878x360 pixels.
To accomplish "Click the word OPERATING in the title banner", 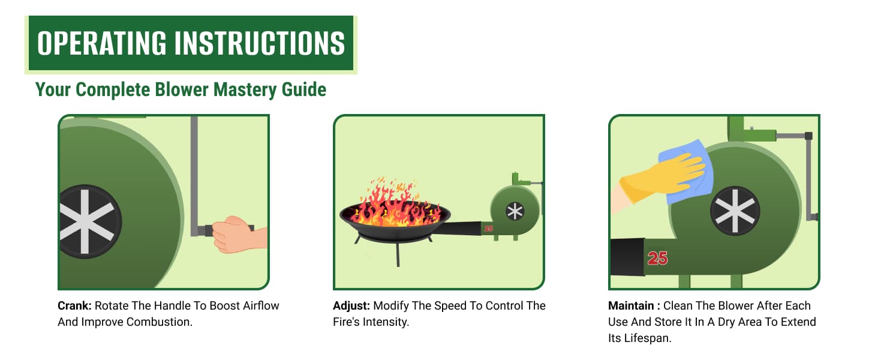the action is click(x=102, y=43).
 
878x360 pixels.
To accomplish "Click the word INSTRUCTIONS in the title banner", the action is click(x=260, y=43).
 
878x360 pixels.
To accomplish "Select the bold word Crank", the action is click(x=74, y=305).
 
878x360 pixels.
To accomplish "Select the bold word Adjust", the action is click(x=351, y=306).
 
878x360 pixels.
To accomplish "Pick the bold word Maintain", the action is click(x=631, y=305).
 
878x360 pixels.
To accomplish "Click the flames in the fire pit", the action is click(x=395, y=203).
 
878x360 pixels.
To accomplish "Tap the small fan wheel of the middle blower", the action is click(x=515, y=212).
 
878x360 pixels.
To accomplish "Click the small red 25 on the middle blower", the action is click(x=488, y=228).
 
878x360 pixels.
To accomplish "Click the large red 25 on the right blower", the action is click(x=657, y=259).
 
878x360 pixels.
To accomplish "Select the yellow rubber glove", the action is click(x=663, y=178).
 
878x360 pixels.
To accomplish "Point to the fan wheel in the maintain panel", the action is click(x=735, y=211).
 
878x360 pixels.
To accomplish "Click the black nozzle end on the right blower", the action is click(x=627, y=257).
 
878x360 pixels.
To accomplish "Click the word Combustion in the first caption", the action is click(x=159, y=322).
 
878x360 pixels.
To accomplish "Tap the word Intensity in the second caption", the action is click(x=386, y=322).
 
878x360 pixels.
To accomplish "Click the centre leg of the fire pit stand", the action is click(x=398, y=254).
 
